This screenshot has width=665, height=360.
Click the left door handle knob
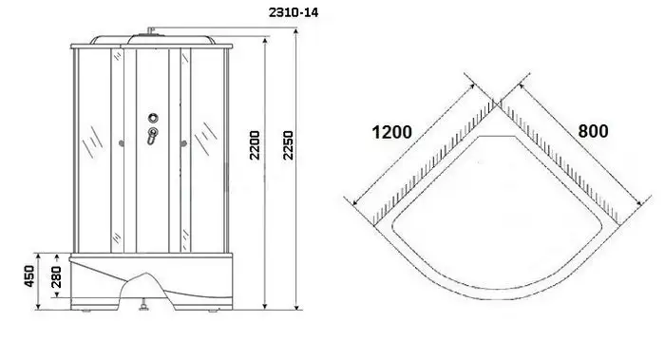(121, 144)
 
